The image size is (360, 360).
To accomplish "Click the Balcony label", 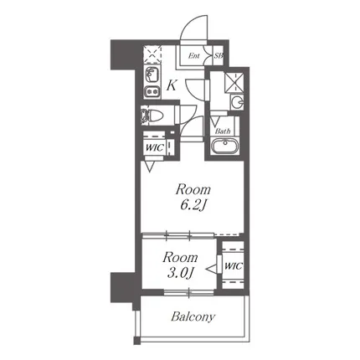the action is [x=193, y=317].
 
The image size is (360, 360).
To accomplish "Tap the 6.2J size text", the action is [x=193, y=206].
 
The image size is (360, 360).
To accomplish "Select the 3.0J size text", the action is [x=181, y=274].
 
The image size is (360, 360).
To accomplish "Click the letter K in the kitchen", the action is [x=172, y=85].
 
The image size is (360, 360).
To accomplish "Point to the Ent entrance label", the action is [x=193, y=56].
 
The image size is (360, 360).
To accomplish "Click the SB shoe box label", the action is [x=219, y=55].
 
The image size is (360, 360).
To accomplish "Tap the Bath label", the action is [x=223, y=131].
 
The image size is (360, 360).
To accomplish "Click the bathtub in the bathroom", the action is [x=224, y=146].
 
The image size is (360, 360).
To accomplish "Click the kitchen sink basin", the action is [x=152, y=75].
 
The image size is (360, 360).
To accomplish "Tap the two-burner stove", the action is [x=152, y=90].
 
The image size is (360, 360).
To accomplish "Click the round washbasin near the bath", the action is [x=238, y=102].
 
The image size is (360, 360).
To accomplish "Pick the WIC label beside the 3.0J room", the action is [x=234, y=266].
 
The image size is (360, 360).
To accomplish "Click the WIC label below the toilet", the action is [x=154, y=147].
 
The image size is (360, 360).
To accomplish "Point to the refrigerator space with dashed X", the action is [x=152, y=54].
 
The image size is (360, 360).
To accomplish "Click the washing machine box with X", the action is [x=234, y=82].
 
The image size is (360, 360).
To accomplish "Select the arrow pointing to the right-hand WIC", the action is [x=211, y=269].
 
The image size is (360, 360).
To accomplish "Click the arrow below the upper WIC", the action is [x=150, y=167].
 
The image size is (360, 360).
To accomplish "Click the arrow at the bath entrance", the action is [x=215, y=121].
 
